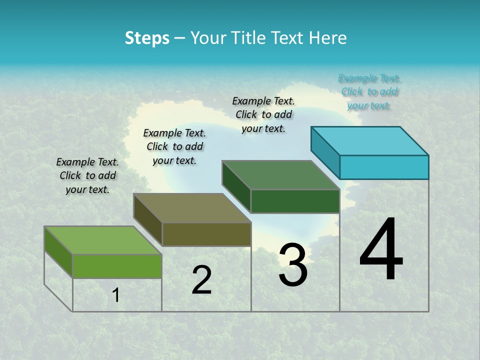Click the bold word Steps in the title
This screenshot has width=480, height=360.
click(x=147, y=38)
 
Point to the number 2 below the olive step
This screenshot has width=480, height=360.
click(x=201, y=279)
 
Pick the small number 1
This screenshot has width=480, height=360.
click(x=116, y=295)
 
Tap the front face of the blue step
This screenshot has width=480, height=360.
click(x=384, y=167)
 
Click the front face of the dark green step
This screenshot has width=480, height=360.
click(x=295, y=201)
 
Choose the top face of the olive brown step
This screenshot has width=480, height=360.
click(x=192, y=208)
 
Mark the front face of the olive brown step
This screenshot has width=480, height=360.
click(x=206, y=234)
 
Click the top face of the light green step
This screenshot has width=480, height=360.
click(x=103, y=240)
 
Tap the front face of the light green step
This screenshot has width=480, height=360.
click(x=117, y=266)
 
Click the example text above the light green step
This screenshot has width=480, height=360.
click(x=87, y=175)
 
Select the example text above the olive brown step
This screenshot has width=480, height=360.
click(x=174, y=146)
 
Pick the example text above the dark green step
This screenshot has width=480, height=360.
click(x=263, y=114)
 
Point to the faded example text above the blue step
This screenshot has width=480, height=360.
click(x=369, y=91)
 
